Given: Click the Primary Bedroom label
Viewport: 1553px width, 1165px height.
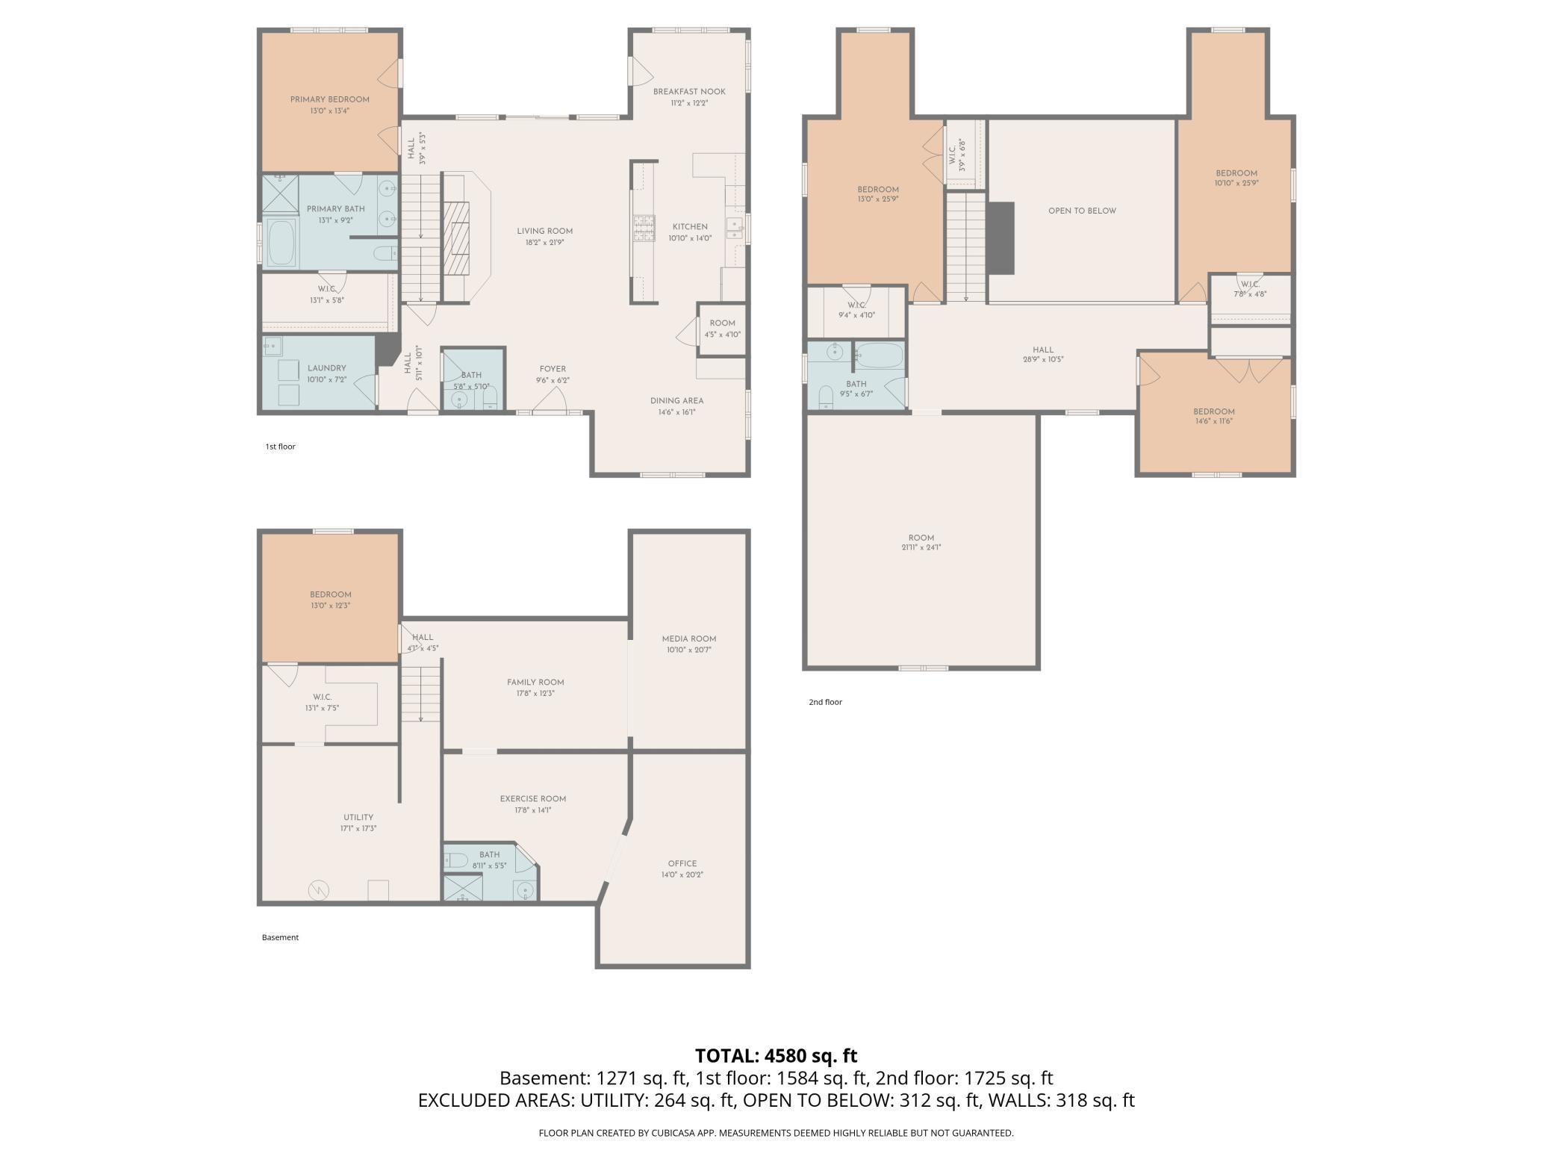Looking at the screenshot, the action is [330, 99].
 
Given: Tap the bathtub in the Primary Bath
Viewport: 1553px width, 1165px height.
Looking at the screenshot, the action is [282, 243].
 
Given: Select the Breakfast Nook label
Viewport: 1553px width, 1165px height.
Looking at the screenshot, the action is [689, 92].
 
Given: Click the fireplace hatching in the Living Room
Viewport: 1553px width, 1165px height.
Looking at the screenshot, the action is [457, 239].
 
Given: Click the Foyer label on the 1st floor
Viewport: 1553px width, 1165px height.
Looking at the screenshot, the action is [553, 369].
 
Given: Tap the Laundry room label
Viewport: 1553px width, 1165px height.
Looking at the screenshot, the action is [327, 368].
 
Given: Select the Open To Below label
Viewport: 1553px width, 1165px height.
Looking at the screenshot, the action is [1082, 211].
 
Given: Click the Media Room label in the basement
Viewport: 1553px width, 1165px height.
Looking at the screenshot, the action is [689, 639].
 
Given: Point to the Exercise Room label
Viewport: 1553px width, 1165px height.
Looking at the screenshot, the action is [533, 798].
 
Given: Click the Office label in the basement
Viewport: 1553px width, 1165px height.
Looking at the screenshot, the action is [682, 863].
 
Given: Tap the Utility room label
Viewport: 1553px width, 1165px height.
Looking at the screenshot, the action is [358, 817].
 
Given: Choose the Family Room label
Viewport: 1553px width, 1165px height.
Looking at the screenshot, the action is [535, 682].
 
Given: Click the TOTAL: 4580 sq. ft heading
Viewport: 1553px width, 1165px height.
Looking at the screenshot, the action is [776, 1055].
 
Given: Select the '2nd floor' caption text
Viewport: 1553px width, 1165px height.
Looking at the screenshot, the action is [825, 702].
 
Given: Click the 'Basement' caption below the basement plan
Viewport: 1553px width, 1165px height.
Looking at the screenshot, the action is [280, 937].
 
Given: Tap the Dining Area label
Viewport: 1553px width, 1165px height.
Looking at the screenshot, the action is [676, 400].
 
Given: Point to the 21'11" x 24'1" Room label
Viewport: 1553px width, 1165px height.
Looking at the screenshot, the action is [921, 542].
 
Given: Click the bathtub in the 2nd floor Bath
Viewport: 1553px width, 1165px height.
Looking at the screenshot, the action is [880, 355].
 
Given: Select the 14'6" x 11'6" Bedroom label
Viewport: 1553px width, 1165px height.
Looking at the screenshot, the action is [1214, 416].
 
